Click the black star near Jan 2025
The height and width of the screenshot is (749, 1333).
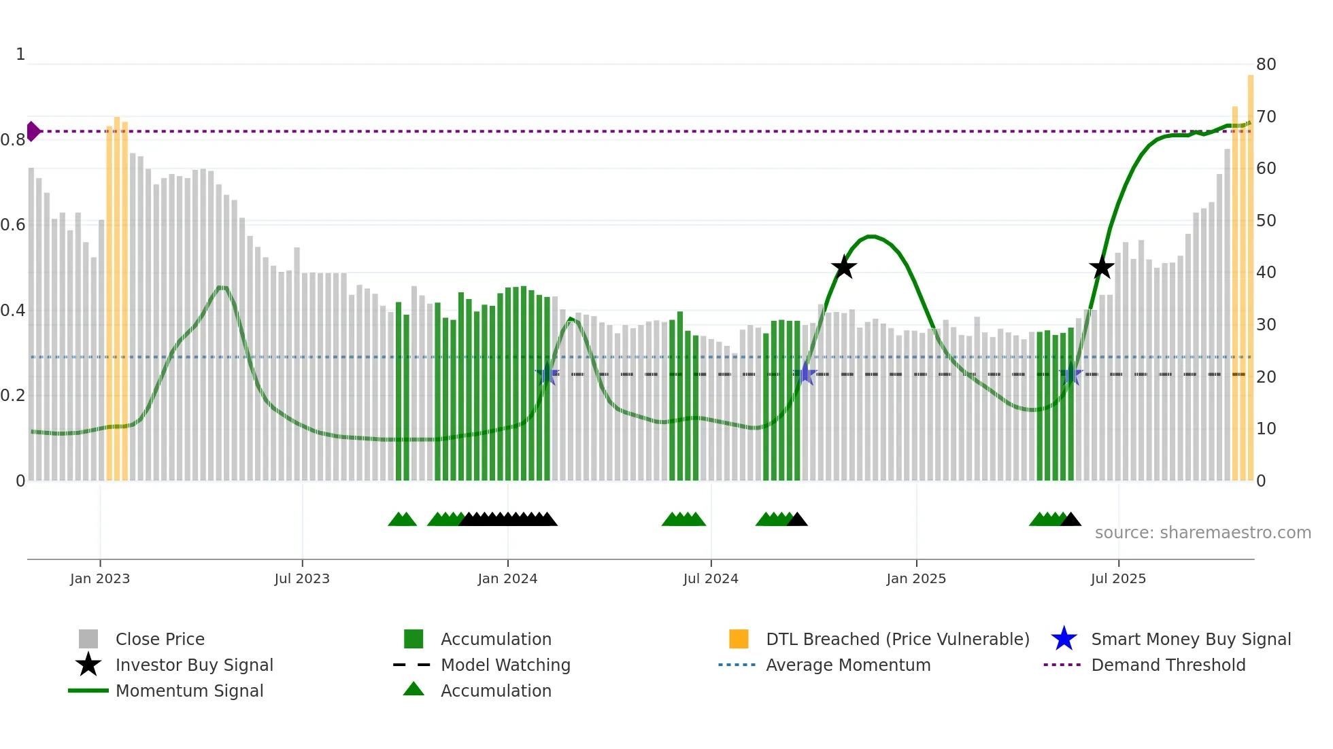(x=843, y=267)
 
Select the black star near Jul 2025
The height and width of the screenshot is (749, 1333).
(x=1102, y=267)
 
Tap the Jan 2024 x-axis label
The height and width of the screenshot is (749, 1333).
(x=507, y=578)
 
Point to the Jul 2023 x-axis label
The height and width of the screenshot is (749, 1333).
(x=302, y=578)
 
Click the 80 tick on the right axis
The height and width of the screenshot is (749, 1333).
(x=1266, y=65)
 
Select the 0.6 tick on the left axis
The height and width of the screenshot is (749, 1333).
(x=13, y=225)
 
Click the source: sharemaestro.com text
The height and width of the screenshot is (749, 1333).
(x=1202, y=533)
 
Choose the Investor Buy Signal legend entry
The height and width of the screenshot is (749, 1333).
(x=194, y=665)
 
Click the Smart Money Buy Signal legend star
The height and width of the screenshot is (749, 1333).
(x=1064, y=639)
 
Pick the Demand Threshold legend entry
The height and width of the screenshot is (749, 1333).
(x=1168, y=665)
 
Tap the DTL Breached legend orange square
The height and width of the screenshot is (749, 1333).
(x=739, y=639)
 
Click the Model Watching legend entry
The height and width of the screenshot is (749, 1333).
(x=505, y=665)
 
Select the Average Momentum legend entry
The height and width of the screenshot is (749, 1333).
(x=847, y=665)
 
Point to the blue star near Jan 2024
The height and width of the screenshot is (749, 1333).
(x=547, y=374)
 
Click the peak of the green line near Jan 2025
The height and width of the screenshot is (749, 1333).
(x=871, y=236)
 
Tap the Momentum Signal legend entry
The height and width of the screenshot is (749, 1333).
(x=189, y=691)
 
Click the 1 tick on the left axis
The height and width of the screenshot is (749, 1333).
(x=20, y=54)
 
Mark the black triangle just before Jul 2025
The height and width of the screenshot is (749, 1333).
(x=1070, y=520)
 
